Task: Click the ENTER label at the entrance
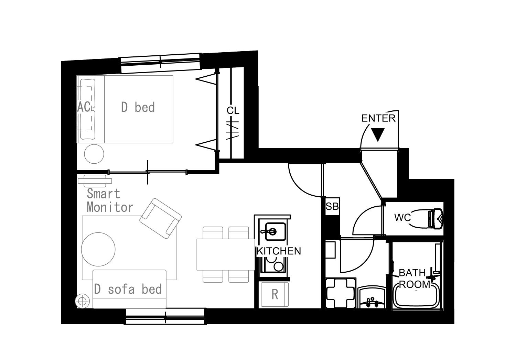(x=378, y=118)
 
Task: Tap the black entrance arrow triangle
(x=378, y=134)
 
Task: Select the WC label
(x=402, y=217)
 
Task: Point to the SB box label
(x=332, y=206)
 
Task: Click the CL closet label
(x=233, y=111)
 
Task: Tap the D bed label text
(x=138, y=107)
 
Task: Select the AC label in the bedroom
(x=84, y=107)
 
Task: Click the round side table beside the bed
(x=94, y=154)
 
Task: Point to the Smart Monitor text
(x=110, y=200)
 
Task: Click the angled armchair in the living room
(x=161, y=218)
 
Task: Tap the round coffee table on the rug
(x=98, y=249)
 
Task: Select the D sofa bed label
(x=128, y=289)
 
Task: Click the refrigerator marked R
(x=275, y=294)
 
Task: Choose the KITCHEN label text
(x=279, y=251)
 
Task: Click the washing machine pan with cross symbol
(x=341, y=293)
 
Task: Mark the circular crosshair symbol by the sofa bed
(x=82, y=301)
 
